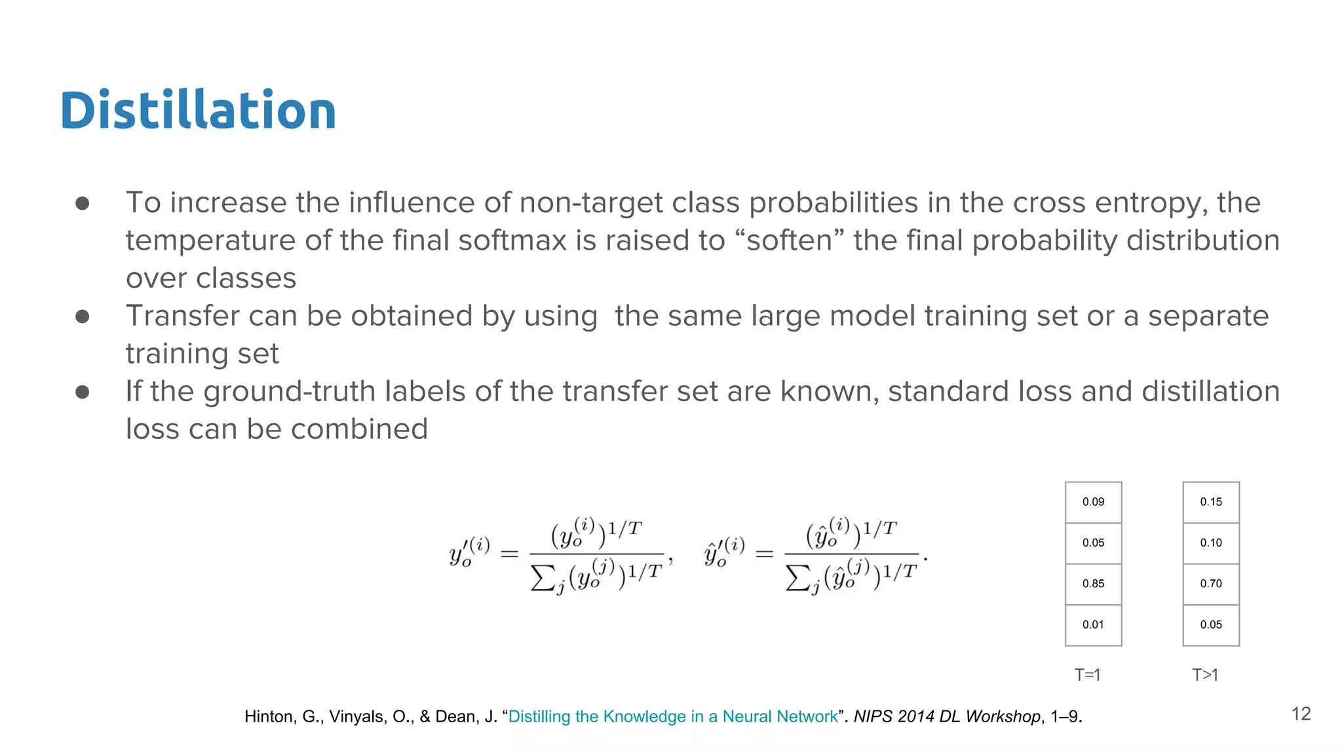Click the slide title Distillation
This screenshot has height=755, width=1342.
(198, 110)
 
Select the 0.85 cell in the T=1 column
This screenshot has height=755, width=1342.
(1093, 584)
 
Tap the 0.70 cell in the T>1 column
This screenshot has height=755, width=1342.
(1211, 584)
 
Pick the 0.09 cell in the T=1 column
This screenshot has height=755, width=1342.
(1093, 502)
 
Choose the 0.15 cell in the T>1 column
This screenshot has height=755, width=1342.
(1211, 502)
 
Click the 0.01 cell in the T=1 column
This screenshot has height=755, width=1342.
(1093, 625)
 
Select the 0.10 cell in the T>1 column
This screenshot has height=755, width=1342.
(1211, 543)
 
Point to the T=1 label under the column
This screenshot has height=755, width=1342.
(1088, 674)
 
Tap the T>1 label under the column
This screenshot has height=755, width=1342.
(1205, 674)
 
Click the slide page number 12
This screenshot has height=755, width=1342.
(1301, 714)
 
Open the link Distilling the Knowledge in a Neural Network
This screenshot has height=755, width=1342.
(673, 716)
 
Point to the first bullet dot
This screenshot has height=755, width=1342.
(83, 203)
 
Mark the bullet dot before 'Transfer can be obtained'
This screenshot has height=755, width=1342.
(83, 317)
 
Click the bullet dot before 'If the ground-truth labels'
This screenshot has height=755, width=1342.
(83, 392)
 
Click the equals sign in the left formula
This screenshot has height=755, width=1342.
(509, 554)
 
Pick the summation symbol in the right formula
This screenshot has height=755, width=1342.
(797, 577)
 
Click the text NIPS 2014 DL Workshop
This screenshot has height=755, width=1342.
(947, 716)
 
